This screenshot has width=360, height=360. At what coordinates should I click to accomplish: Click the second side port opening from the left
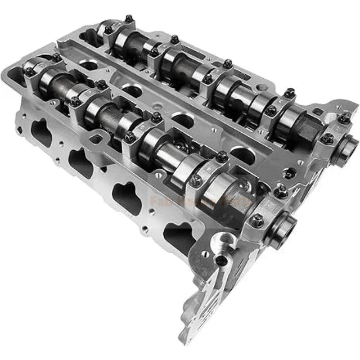[x=80, y=164]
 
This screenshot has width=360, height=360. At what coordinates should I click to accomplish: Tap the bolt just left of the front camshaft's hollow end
[x=257, y=220]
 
